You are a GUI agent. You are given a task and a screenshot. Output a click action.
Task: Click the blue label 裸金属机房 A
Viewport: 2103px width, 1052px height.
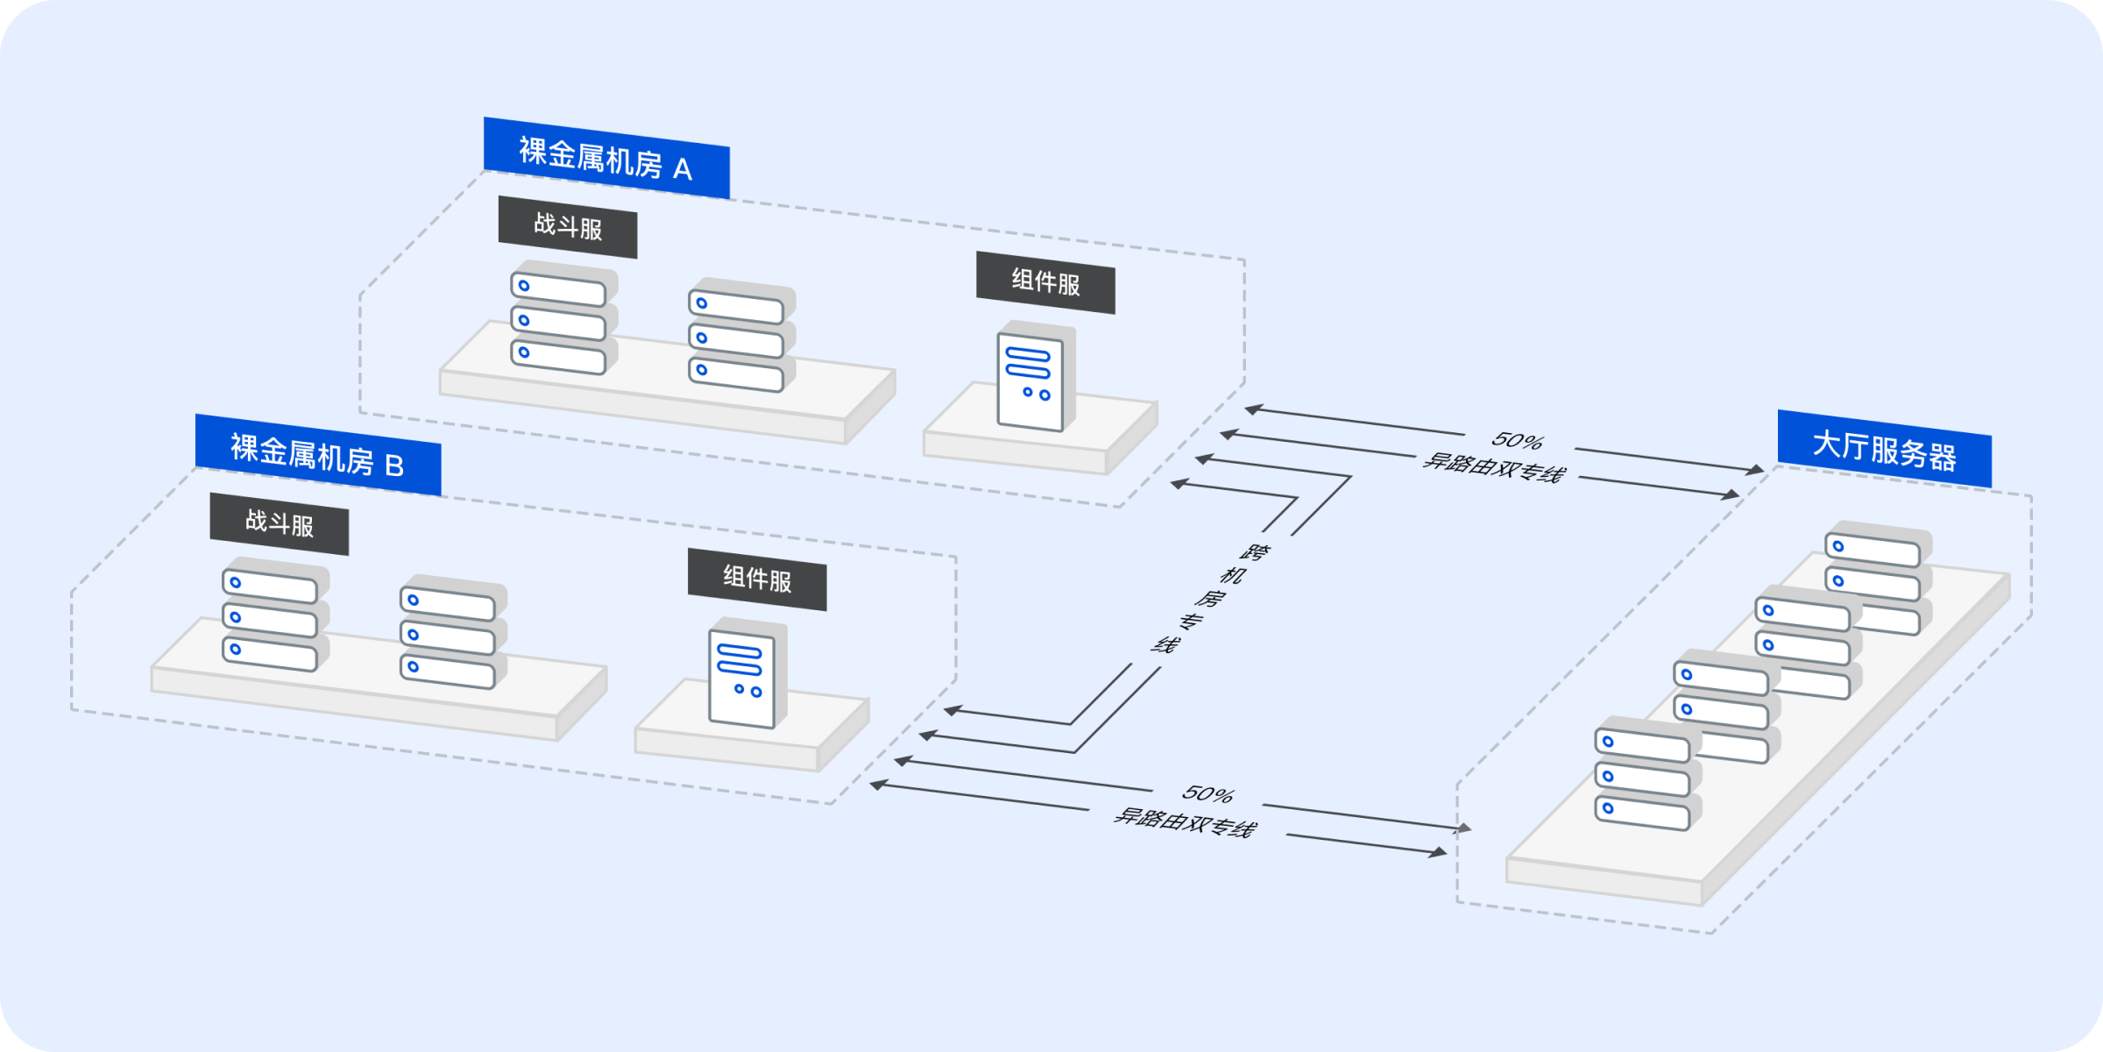click(605, 158)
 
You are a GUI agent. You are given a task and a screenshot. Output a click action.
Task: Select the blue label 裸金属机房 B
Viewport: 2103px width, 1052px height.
click(317, 454)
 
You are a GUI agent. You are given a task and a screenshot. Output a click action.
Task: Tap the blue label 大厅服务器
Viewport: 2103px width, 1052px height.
click(1884, 449)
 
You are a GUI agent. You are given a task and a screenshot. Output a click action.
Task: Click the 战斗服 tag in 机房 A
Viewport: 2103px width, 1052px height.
click(568, 227)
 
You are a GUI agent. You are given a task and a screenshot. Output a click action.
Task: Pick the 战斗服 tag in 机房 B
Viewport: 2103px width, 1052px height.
click(279, 523)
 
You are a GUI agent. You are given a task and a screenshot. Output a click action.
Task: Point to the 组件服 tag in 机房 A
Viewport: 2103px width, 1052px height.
click(1045, 282)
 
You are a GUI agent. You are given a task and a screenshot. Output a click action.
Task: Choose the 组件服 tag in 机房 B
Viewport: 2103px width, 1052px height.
click(757, 579)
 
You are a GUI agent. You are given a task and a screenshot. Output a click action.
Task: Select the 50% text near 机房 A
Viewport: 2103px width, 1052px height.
click(1517, 440)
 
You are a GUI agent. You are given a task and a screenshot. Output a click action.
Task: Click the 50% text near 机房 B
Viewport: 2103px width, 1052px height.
click(1207, 794)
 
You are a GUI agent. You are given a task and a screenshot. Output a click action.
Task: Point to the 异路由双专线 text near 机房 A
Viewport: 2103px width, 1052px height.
click(1493, 467)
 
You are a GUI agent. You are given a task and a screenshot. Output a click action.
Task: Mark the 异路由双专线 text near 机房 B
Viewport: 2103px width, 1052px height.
click(1185, 822)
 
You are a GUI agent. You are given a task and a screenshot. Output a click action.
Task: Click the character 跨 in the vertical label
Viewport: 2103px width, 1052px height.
click(1255, 552)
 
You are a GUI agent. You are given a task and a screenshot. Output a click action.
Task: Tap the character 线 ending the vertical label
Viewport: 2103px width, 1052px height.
click(1164, 645)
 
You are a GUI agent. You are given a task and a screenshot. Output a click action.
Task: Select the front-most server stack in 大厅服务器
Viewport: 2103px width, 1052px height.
click(1646, 775)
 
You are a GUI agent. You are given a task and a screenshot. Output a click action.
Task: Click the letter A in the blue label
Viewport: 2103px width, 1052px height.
click(683, 169)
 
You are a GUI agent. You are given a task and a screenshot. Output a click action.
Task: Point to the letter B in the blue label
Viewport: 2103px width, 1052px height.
click(394, 466)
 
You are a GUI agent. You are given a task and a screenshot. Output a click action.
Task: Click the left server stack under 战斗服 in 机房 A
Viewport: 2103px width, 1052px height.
click(562, 320)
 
